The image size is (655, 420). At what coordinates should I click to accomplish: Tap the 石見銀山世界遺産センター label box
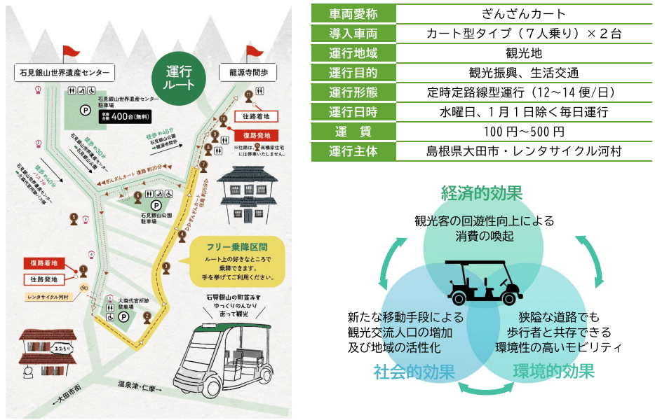[65, 72]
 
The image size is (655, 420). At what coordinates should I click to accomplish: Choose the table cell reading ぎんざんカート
[525, 14]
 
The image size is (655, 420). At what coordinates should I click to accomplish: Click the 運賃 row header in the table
[353, 132]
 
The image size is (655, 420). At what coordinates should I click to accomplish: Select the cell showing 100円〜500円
[525, 132]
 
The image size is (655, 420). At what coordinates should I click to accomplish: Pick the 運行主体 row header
[353, 151]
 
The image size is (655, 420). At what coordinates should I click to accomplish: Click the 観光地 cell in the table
[525, 53]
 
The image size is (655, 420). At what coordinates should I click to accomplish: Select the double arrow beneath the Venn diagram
[482, 389]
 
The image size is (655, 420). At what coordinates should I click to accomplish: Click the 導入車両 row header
[353, 34]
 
